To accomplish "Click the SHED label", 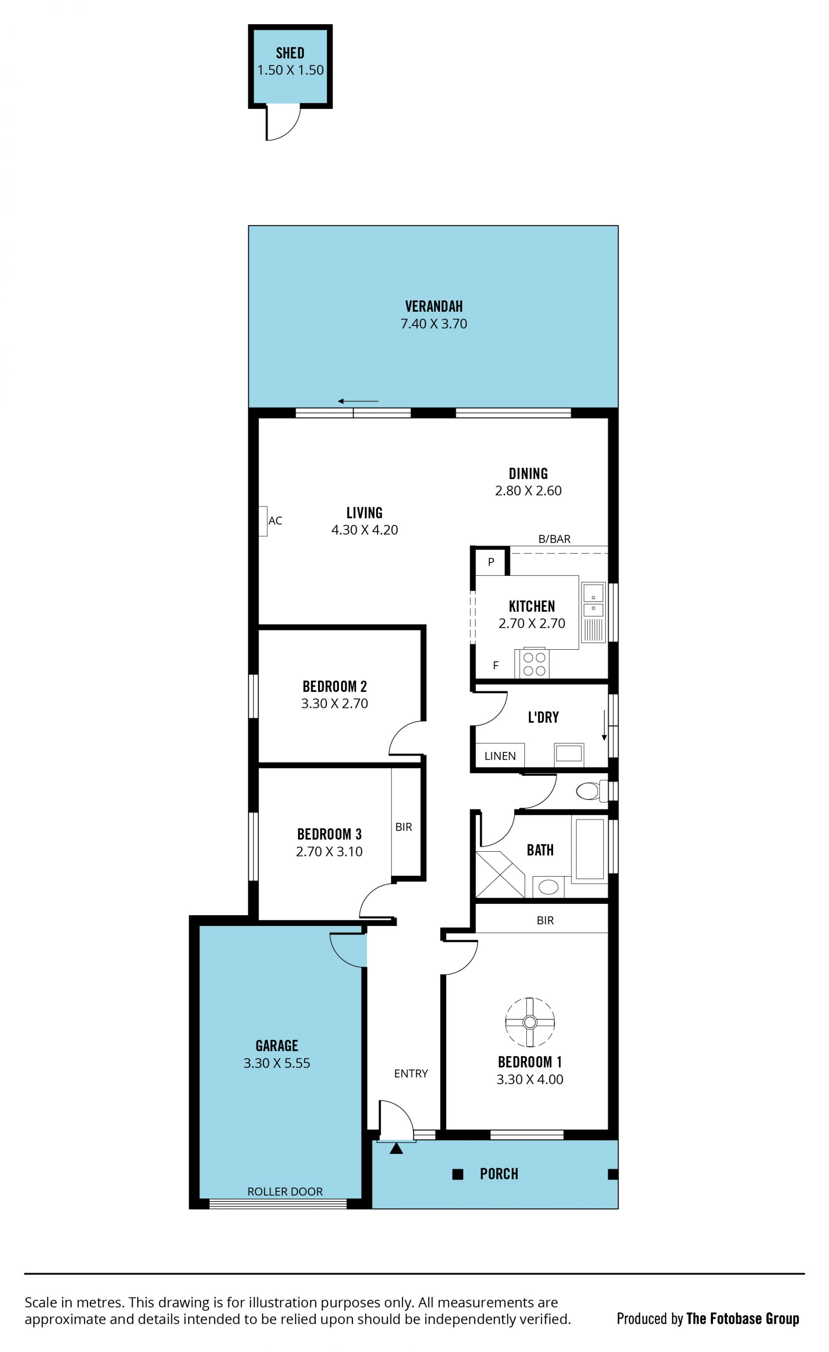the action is tap(290, 53).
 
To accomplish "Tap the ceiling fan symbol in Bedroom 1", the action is tap(530, 1022).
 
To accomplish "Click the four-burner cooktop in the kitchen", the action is tap(534, 664).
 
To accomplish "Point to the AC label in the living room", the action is tap(275, 521).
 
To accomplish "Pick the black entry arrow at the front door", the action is tap(396, 1148).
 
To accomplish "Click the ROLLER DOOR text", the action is tap(285, 1191).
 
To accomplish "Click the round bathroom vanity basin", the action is tap(548, 886).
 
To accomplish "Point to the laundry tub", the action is tap(569, 753).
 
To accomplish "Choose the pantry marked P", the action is tap(491, 561).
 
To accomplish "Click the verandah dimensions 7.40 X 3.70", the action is tap(434, 324).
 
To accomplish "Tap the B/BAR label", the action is tap(554, 539).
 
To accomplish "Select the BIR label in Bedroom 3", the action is tap(404, 827).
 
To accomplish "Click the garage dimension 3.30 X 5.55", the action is tap(277, 1063).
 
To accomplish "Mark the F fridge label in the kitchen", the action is tap(496, 666).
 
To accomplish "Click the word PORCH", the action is tap(499, 1174).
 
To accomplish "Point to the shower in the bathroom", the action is tap(500, 875).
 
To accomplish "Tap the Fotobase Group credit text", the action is tap(743, 1318).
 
